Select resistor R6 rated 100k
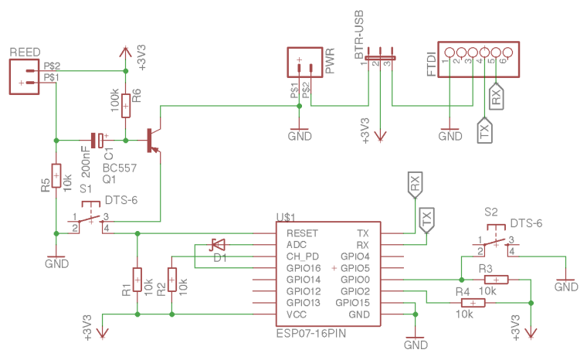(x=126, y=106)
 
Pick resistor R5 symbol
(x=56, y=175)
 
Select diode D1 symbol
(x=218, y=245)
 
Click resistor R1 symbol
(x=137, y=280)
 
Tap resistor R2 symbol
(x=171, y=280)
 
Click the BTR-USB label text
(x=359, y=35)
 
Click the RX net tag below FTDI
(x=497, y=96)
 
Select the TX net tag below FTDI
(x=485, y=130)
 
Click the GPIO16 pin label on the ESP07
(x=304, y=268)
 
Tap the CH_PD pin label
(x=302, y=256)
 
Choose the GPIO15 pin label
(x=352, y=303)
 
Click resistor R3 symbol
(x=497, y=280)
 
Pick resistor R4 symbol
(x=473, y=303)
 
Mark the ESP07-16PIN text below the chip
(x=311, y=333)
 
